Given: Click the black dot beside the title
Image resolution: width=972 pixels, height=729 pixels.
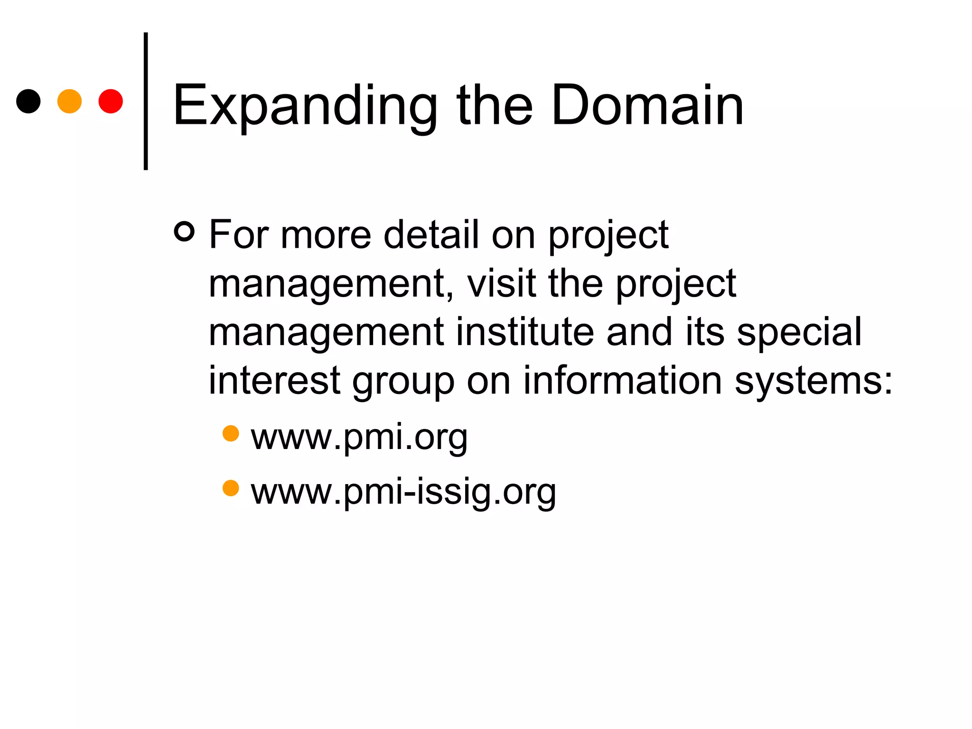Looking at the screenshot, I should click(28, 101).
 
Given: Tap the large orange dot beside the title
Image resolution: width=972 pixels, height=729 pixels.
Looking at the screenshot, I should click(69, 101).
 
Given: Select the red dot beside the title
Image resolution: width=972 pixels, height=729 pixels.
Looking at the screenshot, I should click(111, 101).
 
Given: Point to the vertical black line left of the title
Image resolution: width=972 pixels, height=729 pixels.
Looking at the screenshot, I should click(146, 101).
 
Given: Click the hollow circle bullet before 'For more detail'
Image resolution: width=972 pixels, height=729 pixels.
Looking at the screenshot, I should click(184, 232).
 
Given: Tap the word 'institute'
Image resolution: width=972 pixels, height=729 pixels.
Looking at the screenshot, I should click(525, 332).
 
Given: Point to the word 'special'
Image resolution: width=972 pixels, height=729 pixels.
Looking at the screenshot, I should click(799, 333).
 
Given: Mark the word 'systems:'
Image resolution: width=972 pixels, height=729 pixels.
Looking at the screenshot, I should click(813, 382).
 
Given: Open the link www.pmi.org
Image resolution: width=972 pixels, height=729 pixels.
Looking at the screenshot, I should click(359, 437).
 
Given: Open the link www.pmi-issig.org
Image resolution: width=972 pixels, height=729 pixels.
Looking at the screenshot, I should click(403, 491).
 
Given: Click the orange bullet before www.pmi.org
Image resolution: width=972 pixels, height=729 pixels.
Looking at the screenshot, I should click(231, 433).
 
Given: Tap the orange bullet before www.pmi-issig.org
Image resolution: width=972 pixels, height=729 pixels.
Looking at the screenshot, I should click(231, 488).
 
